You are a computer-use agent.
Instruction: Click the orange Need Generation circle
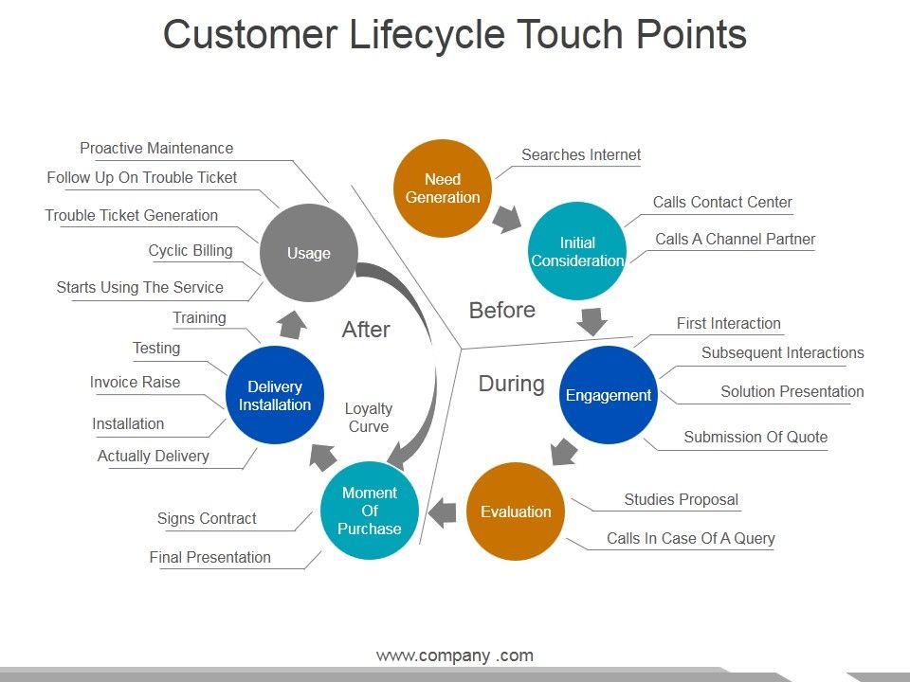click(x=442, y=188)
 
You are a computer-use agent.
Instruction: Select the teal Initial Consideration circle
click(x=577, y=251)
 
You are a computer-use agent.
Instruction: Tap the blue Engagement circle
click(x=609, y=395)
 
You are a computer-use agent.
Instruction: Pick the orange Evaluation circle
click(x=516, y=511)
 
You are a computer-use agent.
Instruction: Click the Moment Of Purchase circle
click(x=370, y=511)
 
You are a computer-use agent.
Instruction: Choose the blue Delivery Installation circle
click(x=275, y=396)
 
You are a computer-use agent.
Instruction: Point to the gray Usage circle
click(x=309, y=253)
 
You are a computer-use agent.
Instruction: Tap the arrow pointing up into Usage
click(x=292, y=324)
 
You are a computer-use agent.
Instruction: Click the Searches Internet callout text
click(x=581, y=154)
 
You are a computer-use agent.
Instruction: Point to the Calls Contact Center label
click(x=722, y=202)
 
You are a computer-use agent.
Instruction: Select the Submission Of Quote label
click(x=755, y=437)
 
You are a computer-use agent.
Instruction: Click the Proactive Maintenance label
click(x=156, y=148)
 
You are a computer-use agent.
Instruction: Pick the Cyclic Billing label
click(x=191, y=251)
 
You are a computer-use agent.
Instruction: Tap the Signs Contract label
click(x=207, y=518)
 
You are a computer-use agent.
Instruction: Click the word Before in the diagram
click(x=502, y=310)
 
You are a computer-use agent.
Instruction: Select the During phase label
click(x=511, y=384)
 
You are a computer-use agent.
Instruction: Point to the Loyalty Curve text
click(x=369, y=418)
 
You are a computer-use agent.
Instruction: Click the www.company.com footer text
click(x=455, y=655)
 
